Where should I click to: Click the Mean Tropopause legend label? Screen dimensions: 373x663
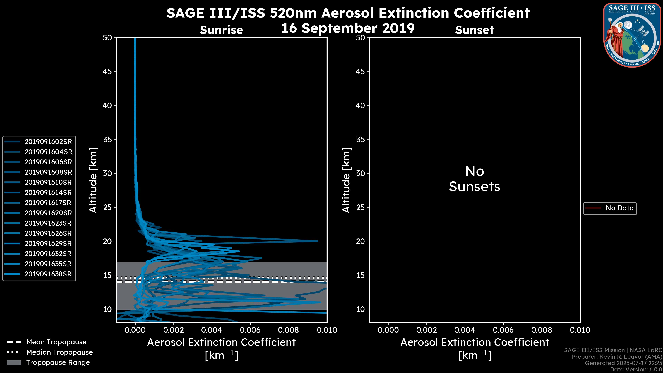coord(56,342)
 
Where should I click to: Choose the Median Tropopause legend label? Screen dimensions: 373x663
coord(59,352)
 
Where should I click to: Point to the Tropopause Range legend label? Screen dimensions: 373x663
coord(58,363)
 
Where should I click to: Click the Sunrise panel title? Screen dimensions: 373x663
coord(221,30)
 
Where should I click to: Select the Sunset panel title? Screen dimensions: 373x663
coord(474,30)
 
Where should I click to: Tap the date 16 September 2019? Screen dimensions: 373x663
coord(348,28)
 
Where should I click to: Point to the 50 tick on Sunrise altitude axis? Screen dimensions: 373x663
coord(107,38)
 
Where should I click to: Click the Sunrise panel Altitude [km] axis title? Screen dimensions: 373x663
coord(93,180)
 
